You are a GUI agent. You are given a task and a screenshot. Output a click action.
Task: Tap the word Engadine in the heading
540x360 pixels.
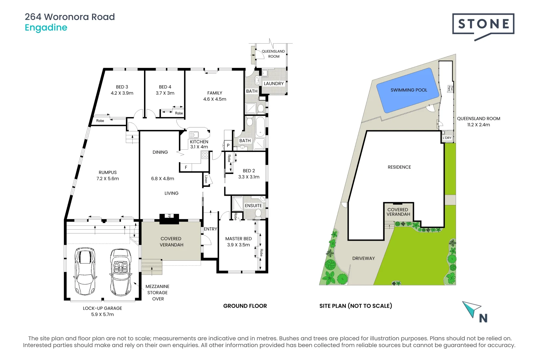point(46,28)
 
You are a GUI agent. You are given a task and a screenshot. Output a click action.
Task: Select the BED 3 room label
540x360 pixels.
point(122,87)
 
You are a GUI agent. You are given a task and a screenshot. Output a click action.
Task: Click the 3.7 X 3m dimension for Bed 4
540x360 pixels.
point(165,93)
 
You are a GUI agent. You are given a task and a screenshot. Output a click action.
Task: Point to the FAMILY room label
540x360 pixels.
point(215,93)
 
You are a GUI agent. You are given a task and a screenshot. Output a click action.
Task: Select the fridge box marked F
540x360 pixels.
point(186,167)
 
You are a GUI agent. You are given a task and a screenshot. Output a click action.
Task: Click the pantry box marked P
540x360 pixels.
point(228,145)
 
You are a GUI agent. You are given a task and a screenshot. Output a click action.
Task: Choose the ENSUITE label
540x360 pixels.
point(253,206)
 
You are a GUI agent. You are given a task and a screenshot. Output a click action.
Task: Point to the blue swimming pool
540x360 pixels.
point(408,90)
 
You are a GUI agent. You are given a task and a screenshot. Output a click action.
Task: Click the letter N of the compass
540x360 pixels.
point(483,318)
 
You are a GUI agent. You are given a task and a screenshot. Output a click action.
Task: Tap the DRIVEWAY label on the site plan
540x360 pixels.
point(363,258)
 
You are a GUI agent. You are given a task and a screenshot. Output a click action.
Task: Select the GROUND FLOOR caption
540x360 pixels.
point(245,306)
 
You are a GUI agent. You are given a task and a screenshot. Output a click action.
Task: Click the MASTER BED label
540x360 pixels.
point(238,239)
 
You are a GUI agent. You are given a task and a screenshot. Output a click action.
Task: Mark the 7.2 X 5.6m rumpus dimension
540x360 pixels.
point(108,179)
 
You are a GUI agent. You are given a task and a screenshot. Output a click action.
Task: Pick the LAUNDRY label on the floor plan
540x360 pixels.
point(274,84)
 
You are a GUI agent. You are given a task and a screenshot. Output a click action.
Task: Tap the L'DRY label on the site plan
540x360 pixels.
point(447,138)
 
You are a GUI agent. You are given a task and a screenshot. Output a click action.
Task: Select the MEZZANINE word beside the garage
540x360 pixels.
point(157,286)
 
